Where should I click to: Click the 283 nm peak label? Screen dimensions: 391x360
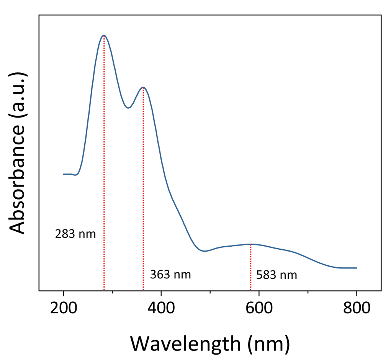[x=75, y=234]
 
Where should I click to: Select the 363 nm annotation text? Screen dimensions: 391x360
[x=170, y=275]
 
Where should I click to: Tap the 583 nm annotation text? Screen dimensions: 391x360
[x=276, y=275]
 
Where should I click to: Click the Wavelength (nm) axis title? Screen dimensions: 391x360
[x=210, y=344]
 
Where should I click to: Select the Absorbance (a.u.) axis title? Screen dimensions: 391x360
[x=17, y=153]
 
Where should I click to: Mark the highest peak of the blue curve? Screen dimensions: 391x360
[x=104, y=36]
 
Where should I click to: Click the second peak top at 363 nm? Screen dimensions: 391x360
[x=143, y=87]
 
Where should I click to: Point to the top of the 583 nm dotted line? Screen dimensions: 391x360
[x=250, y=245]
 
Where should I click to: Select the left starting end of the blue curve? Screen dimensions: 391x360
[x=64, y=174]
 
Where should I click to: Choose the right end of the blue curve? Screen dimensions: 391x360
[x=357, y=268]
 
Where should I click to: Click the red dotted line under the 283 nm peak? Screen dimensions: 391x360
[x=104, y=163]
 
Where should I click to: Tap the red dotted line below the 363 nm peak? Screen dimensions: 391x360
[x=143, y=189]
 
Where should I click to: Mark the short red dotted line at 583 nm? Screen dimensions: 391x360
[x=250, y=268]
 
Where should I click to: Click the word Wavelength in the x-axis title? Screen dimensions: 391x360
[x=185, y=344]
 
